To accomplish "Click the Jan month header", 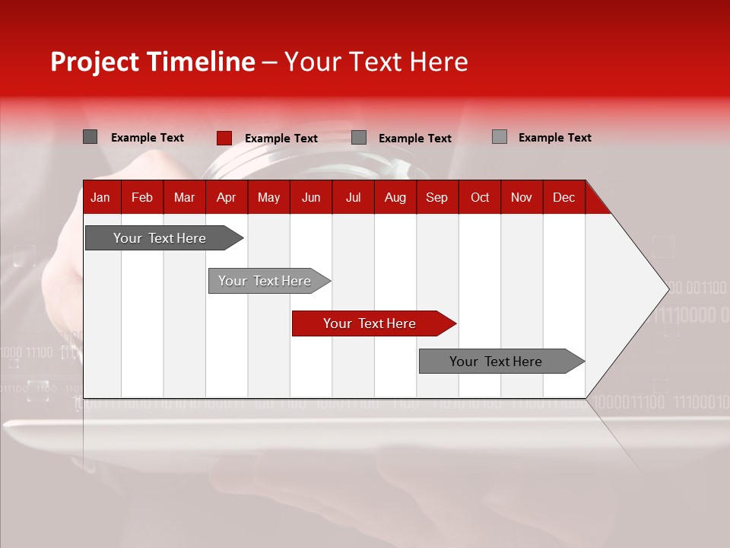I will (100, 197).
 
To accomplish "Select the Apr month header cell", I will (226, 197).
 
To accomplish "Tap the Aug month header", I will (395, 197).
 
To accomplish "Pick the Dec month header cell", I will (563, 197).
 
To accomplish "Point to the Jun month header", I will (311, 197).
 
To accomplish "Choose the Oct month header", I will (479, 197).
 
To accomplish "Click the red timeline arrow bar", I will (373, 323).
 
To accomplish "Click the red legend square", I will (224, 138).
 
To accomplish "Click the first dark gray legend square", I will (90, 137).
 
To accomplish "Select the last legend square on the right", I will (499, 137).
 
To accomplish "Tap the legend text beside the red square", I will (281, 139).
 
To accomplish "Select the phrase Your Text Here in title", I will (376, 62).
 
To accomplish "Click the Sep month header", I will (436, 197).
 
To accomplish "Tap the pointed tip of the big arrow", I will (668, 288).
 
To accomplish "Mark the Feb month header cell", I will (142, 197).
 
